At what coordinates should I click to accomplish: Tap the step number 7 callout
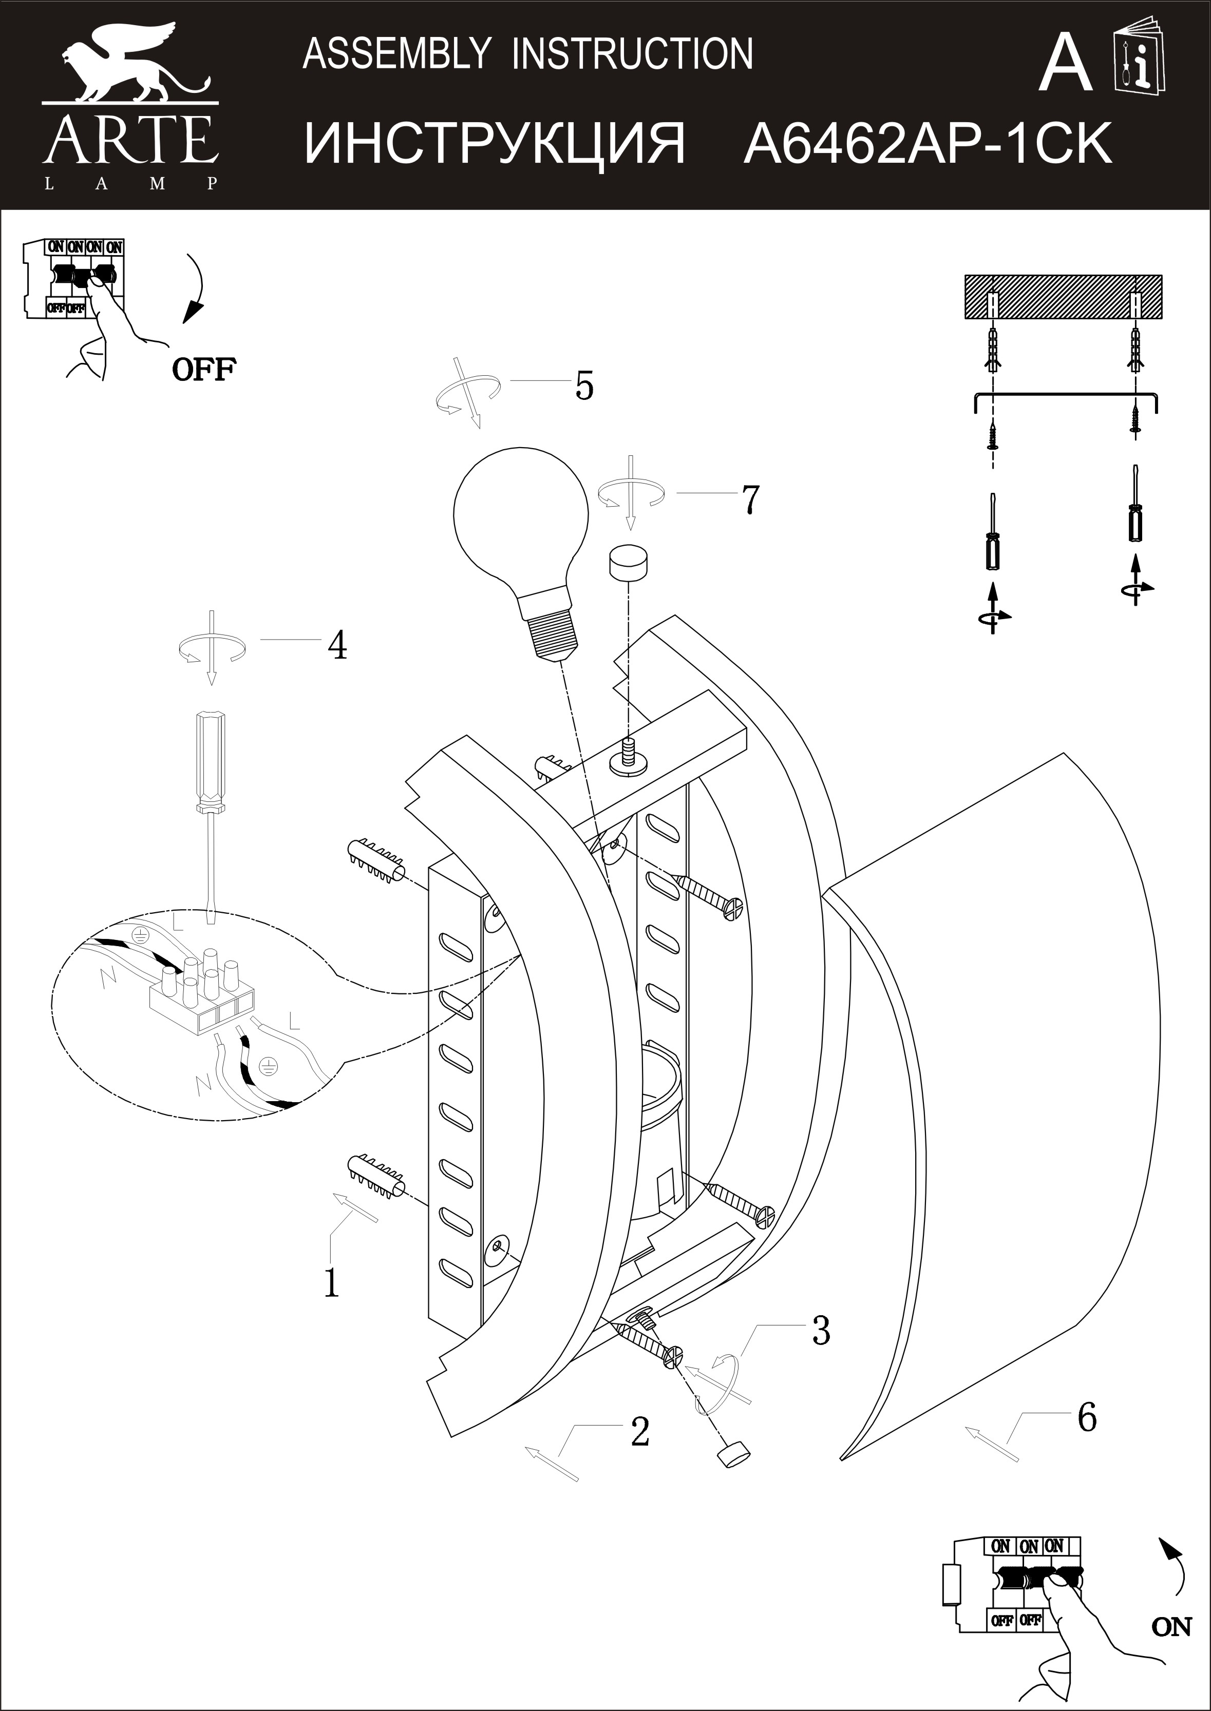750,499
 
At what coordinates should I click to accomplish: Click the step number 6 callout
1087,1417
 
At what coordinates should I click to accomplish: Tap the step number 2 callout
640,1432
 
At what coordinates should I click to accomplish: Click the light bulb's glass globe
520,516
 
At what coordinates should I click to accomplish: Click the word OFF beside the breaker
204,369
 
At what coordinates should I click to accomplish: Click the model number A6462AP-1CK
928,143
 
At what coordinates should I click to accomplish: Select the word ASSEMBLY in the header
396,54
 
